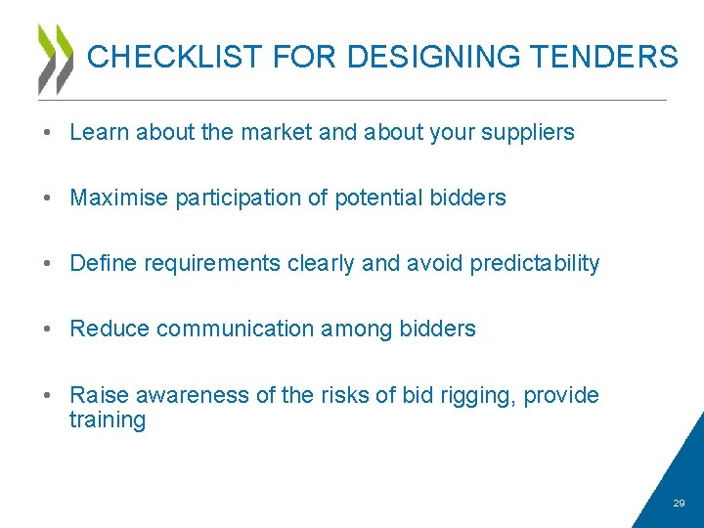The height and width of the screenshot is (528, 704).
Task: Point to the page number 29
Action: pyautogui.click(x=680, y=503)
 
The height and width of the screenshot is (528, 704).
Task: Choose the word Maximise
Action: pyautogui.click(x=119, y=198)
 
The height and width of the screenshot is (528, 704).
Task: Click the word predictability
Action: pyautogui.click(x=535, y=264)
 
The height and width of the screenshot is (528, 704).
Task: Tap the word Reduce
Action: pyautogui.click(x=110, y=329)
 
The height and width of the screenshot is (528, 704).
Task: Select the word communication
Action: pyautogui.click(x=236, y=329)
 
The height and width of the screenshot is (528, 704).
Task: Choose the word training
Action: pyautogui.click(x=108, y=421)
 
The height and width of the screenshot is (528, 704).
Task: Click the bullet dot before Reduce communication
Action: pyautogui.click(x=47, y=329)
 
